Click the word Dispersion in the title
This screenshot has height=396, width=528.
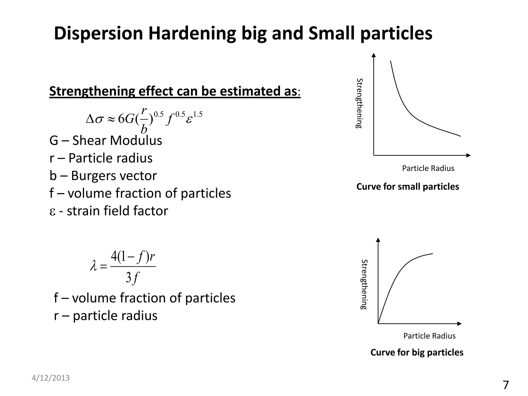98,34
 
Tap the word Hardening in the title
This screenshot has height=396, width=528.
192,34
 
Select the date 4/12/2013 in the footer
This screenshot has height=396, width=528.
51,378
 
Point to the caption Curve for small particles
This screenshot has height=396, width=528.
408,187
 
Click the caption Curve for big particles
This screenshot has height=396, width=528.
417,352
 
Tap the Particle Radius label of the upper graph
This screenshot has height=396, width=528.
428,168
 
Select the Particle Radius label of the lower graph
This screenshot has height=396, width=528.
429,336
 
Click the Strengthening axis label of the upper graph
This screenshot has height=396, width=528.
359,103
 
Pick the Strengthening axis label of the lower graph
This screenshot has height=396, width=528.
364,284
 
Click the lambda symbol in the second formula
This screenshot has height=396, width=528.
94,266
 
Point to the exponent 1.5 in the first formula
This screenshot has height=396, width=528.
198,114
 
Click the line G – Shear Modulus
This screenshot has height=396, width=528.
106,141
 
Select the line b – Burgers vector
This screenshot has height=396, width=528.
103,176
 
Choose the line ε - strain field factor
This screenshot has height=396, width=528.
109,211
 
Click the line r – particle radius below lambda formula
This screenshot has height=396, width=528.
105,316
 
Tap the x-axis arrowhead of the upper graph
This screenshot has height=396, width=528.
468,155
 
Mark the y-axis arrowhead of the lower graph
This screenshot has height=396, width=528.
378,240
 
